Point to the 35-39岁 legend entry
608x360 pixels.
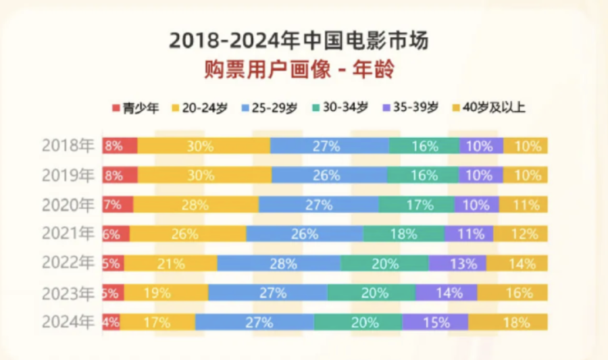[x=411, y=107]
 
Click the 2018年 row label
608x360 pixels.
[x=68, y=145]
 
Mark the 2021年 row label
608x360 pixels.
[x=68, y=234]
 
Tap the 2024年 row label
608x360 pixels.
[x=68, y=322]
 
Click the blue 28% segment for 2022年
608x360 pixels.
[x=278, y=263]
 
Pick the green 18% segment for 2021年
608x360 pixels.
[x=403, y=234]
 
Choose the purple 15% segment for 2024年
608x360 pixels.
[x=435, y=322]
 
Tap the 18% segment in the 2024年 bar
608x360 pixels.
[x=508, y=322]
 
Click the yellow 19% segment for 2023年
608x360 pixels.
[x=166, y=292]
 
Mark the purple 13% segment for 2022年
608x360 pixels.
[x=457, y=263]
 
